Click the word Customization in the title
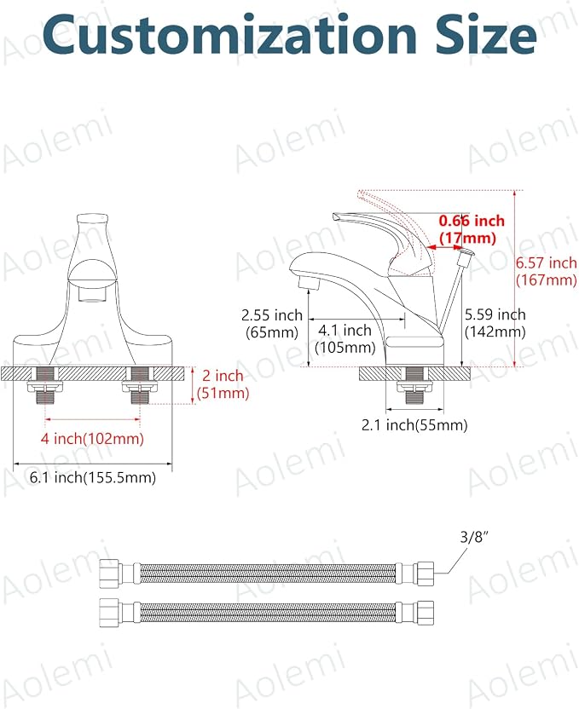[229, 35]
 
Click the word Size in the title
[486, 34]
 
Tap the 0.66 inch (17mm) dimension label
[472, 229]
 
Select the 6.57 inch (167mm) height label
[547, 271]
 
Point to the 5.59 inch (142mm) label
[495, 323]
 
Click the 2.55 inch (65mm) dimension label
[272, 323]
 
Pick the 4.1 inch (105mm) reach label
[345, 338]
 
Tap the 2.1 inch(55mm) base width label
[414, 424]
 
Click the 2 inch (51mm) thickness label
[223, 383]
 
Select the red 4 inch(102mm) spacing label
[92, 438]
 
